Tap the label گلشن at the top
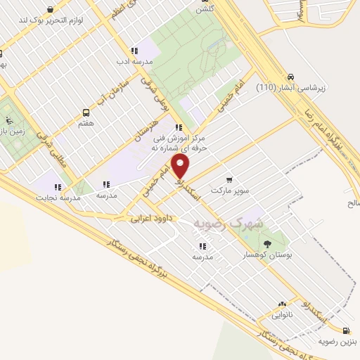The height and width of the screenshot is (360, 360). (x=205, y=10)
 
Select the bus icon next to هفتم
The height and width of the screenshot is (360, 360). (x=86, y=112)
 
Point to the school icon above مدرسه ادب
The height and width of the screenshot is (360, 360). (x=134, y=51)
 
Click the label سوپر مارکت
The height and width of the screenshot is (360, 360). (x=229, y=190)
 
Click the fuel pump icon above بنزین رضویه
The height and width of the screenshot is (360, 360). (x=345, y=330)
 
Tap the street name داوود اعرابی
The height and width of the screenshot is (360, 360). (x=150, y=219)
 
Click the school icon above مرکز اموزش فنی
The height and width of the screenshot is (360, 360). (x=179, y=127)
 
